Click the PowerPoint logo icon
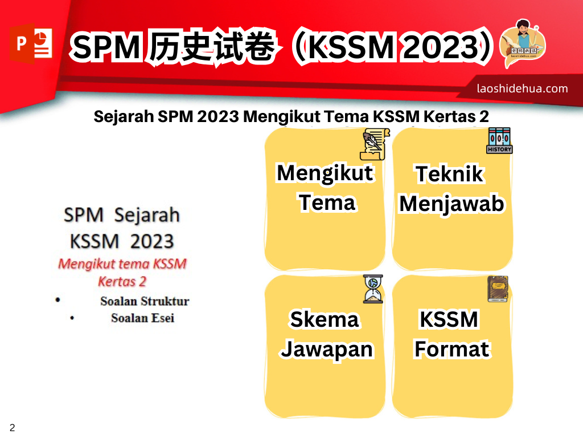point(31,43)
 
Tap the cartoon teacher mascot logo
point(523,43)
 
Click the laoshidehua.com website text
point(522,88)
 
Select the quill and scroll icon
point(375,144)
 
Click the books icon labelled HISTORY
point(499,140)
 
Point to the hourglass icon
point(373,289)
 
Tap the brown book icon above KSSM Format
point(498,289)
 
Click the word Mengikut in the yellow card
point(325,173)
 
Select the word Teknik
point(450,174)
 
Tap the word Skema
point(325,319)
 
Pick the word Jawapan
point(327,350)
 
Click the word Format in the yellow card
point(451,349)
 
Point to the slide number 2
point(13,428)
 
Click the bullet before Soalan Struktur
point(58,300)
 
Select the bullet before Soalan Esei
point(72,318)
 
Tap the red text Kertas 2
point(122,282)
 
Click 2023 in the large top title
point(441,47)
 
